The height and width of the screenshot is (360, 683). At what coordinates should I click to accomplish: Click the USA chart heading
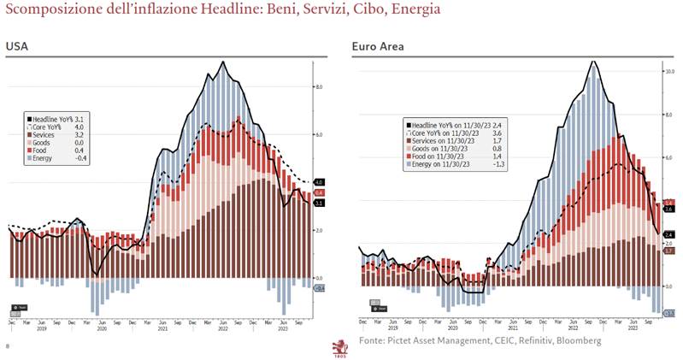(16, 45)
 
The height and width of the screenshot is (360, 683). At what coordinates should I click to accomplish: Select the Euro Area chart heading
(378, 45)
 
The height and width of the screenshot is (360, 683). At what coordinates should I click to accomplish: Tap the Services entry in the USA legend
(48, 135)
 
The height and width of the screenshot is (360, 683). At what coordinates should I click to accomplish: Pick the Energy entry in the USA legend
(47, 158)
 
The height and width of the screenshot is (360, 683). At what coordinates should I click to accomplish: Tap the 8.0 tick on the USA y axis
(318, 86)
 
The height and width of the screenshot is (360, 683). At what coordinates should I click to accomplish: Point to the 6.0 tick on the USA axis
(318, 134)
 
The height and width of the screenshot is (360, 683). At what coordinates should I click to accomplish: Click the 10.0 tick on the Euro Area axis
(670, 71)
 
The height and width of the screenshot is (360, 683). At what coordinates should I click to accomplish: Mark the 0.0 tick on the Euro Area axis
(669, 286)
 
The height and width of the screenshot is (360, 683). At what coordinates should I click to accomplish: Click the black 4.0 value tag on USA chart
(320, 182)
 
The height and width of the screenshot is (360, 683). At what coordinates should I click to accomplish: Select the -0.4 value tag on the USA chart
(320, 288)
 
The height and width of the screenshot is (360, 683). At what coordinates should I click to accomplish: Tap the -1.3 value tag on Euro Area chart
(670, 314)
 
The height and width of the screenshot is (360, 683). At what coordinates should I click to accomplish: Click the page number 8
(7, 346)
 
